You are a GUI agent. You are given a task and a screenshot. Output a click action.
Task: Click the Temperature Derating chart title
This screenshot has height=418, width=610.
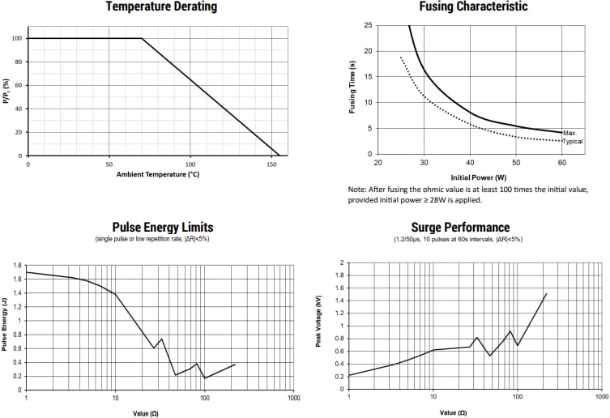pos(161,7)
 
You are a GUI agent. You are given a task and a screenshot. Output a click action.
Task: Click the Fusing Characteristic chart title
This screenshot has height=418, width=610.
pos(473,7)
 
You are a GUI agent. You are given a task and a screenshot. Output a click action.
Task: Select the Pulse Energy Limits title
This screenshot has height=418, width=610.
pos(162,228)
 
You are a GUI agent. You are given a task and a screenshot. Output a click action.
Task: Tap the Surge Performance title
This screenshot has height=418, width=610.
pos(460,228)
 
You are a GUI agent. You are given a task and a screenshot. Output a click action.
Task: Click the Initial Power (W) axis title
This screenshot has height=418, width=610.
pos(478,177)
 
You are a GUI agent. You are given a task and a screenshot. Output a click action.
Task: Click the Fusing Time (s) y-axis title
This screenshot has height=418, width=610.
pos(352,87)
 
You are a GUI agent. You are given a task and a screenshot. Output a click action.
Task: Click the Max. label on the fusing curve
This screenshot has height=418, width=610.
pos(569,133)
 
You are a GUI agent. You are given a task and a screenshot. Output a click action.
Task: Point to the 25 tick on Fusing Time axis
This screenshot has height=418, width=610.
pos(369,26)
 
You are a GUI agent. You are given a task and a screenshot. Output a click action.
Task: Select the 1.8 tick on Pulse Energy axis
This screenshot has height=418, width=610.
pos(17,265)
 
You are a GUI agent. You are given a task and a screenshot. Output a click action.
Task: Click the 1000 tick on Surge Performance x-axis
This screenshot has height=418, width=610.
pos(601,397)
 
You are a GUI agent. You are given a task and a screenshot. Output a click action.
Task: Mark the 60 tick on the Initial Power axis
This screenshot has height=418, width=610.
pos(561,163)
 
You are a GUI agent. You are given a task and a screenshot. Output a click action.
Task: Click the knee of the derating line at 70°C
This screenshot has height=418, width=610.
pos(142,38)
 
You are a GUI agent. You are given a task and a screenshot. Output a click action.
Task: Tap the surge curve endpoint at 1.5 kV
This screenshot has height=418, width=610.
pos(547,293)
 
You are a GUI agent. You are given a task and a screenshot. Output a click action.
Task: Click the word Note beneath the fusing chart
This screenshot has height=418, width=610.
pos(359,190)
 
